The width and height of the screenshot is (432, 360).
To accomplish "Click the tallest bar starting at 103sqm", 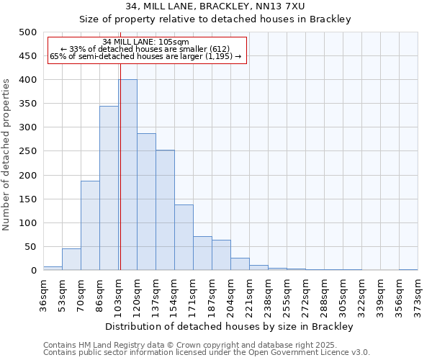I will click(127, 175).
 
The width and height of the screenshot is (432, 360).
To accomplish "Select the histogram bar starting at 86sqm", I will click(109, 188).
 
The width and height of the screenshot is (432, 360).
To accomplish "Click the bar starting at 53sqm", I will click(71, 259).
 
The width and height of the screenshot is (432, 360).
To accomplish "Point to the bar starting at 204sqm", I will click(240, 264).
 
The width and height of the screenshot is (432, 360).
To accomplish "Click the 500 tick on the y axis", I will click(27, 32).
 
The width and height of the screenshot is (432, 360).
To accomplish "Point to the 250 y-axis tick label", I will click(27, 151).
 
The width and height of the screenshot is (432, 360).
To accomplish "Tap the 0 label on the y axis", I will click(33, 271).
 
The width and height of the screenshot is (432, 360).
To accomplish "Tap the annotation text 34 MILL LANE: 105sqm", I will click(146, 42).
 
